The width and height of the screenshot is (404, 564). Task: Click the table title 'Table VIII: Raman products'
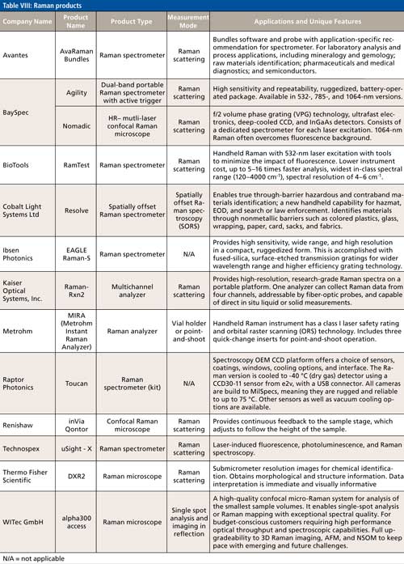[x=46, y=6]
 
